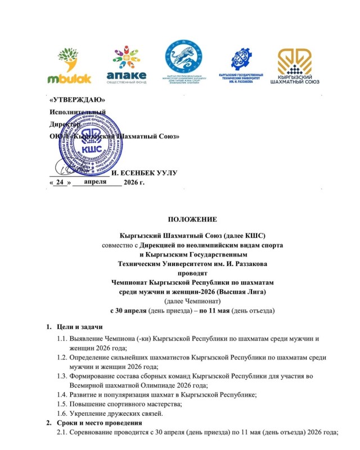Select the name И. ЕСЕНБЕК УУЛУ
(x=145, y=173)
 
